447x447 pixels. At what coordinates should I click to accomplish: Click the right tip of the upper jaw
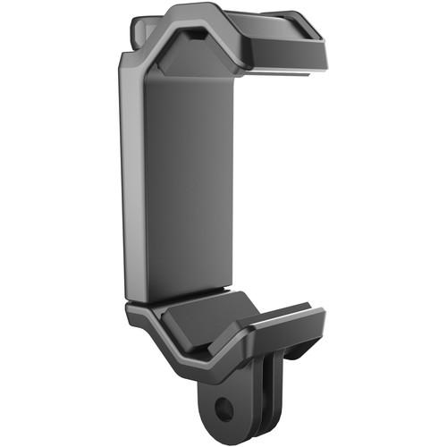click(322, 55)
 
